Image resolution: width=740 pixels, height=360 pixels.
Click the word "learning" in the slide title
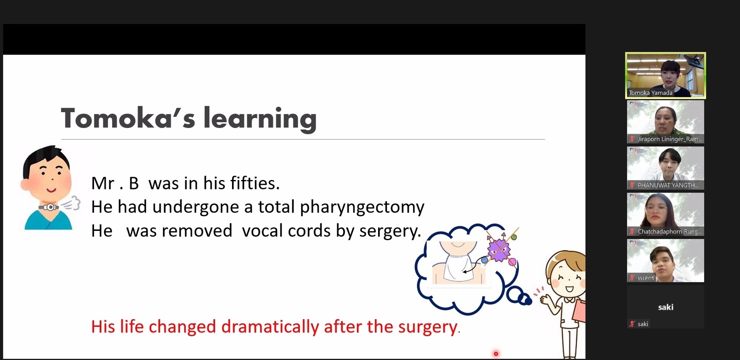[260, 119]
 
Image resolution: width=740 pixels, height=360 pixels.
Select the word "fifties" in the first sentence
[255, 183]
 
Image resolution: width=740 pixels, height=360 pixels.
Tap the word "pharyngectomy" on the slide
[362, 207]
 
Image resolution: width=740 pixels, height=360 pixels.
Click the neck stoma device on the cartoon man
[49, 207]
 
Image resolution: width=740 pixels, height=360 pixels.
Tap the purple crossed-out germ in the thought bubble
[500, 249]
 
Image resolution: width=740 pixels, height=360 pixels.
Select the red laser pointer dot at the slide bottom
[496, 354]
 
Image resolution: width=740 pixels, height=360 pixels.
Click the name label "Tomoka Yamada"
[650, 93]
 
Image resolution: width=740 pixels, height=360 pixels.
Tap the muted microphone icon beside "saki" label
[632, 324]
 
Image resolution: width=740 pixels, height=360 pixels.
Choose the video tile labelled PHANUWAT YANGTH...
[665, 168]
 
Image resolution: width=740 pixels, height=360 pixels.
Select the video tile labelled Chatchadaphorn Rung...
[665, 214]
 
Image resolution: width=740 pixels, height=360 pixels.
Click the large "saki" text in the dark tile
[666, 307]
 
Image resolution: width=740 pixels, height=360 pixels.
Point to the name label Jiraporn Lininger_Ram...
[669, 139]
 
